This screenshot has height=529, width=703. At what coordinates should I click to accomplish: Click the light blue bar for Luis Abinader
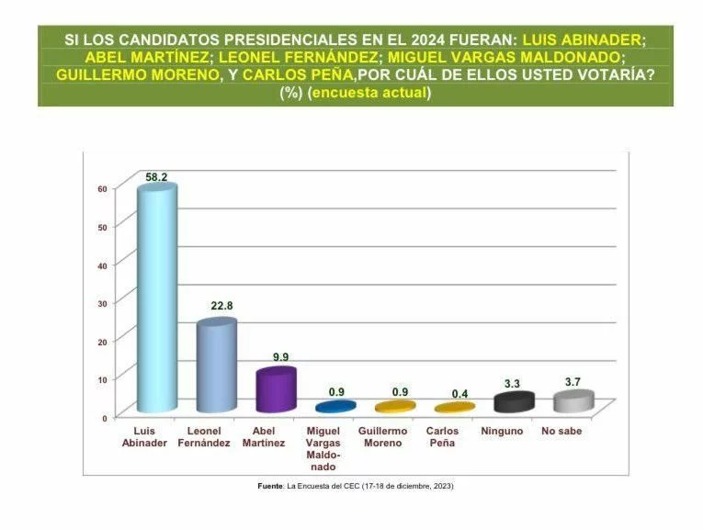pos(155,298)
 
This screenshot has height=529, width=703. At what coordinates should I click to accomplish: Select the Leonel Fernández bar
pos(216,366)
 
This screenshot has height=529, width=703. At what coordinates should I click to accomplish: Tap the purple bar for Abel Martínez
pos(275,390)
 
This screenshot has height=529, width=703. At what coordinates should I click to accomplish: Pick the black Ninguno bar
pos(514,402)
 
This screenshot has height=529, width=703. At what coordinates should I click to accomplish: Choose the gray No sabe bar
pos(573,401)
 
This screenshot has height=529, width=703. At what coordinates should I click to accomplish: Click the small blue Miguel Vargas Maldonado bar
pos(335,406)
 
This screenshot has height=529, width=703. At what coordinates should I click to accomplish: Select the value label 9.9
pos(277,356)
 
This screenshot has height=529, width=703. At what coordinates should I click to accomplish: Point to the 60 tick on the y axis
pos(103,188)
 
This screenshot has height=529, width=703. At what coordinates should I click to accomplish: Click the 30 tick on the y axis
pos(103,303)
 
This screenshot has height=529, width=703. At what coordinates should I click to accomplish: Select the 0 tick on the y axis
pos(105,417)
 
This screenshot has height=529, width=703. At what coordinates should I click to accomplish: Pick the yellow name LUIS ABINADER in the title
pos(583,40)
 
